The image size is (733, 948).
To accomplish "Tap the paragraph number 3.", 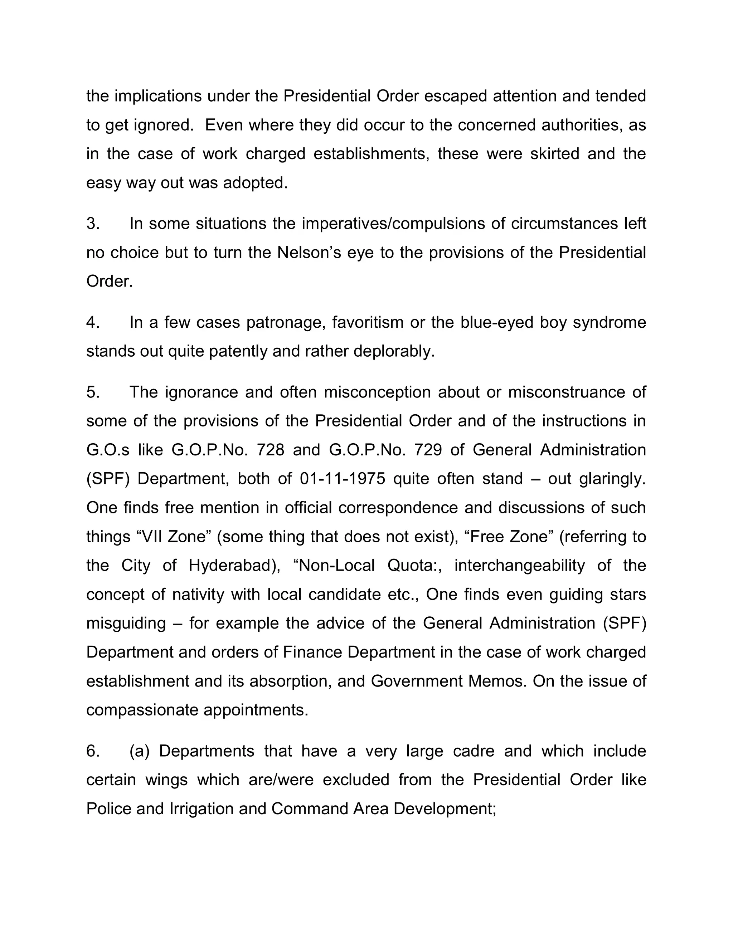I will [93, 224].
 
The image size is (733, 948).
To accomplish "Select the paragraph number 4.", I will [93, 323].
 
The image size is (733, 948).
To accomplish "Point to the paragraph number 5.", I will [93, 392].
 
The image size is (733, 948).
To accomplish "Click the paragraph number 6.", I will [93, 751].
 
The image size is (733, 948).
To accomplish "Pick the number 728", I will [270, 450].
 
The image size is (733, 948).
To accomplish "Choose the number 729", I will [428, 450].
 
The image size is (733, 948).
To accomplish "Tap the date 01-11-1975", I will [342, 479].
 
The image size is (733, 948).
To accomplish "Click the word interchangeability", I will [519, 566].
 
